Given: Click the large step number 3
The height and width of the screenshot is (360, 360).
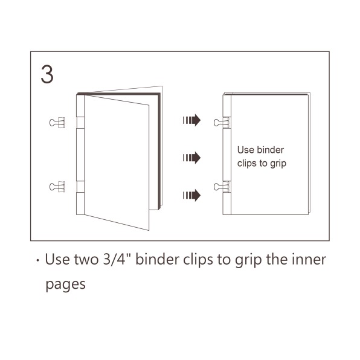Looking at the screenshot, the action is [47, 74].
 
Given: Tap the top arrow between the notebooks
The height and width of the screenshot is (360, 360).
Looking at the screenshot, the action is [191, 120].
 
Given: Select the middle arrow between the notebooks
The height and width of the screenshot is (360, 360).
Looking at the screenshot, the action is [191, 158].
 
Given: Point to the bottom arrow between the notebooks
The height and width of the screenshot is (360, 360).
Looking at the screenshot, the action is [191, 195].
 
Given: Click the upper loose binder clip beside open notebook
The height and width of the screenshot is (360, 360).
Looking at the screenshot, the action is [57, 123].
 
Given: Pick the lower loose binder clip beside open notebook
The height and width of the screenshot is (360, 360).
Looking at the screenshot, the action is [57, 187].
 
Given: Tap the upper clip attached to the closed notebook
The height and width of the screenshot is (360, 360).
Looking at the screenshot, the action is [222, 123].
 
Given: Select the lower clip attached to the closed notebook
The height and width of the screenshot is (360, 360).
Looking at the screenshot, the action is [222, 187].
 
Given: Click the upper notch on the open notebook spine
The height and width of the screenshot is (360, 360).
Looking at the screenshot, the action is [80, 123].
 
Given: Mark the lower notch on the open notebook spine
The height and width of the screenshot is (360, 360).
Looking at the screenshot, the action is [80, 187].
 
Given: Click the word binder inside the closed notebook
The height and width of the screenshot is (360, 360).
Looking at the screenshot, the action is [271, 150].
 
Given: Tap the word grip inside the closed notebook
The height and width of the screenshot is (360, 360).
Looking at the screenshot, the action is [278, 164].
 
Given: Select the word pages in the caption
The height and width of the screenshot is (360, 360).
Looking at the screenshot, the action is [65, 285].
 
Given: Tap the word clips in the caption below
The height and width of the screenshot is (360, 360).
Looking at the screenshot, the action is [198, 260].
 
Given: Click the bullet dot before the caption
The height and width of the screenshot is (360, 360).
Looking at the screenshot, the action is [37, 260].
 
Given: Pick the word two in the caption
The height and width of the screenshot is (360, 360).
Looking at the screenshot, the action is [86, 260].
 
